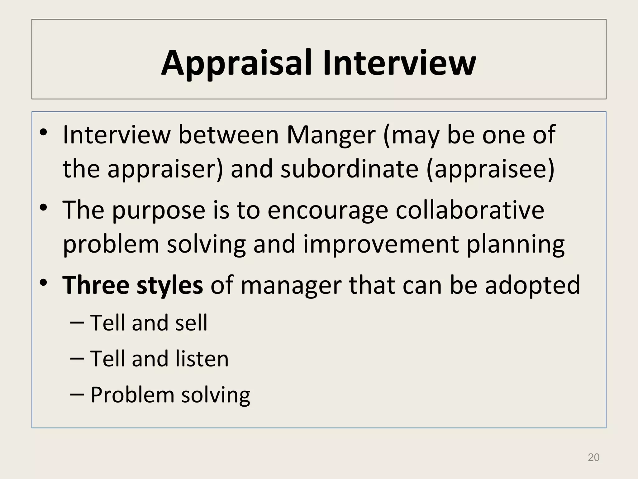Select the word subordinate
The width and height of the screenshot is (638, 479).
click(349, 169)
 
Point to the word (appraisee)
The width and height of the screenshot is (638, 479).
click(490, 169)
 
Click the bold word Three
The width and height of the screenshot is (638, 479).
click(96, 285)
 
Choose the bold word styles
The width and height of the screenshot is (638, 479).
click(170, 286)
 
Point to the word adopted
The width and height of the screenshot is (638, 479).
click(532, 286)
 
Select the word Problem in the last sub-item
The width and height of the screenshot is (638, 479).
click(132, 395)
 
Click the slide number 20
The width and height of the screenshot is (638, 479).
click(593, 457)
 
